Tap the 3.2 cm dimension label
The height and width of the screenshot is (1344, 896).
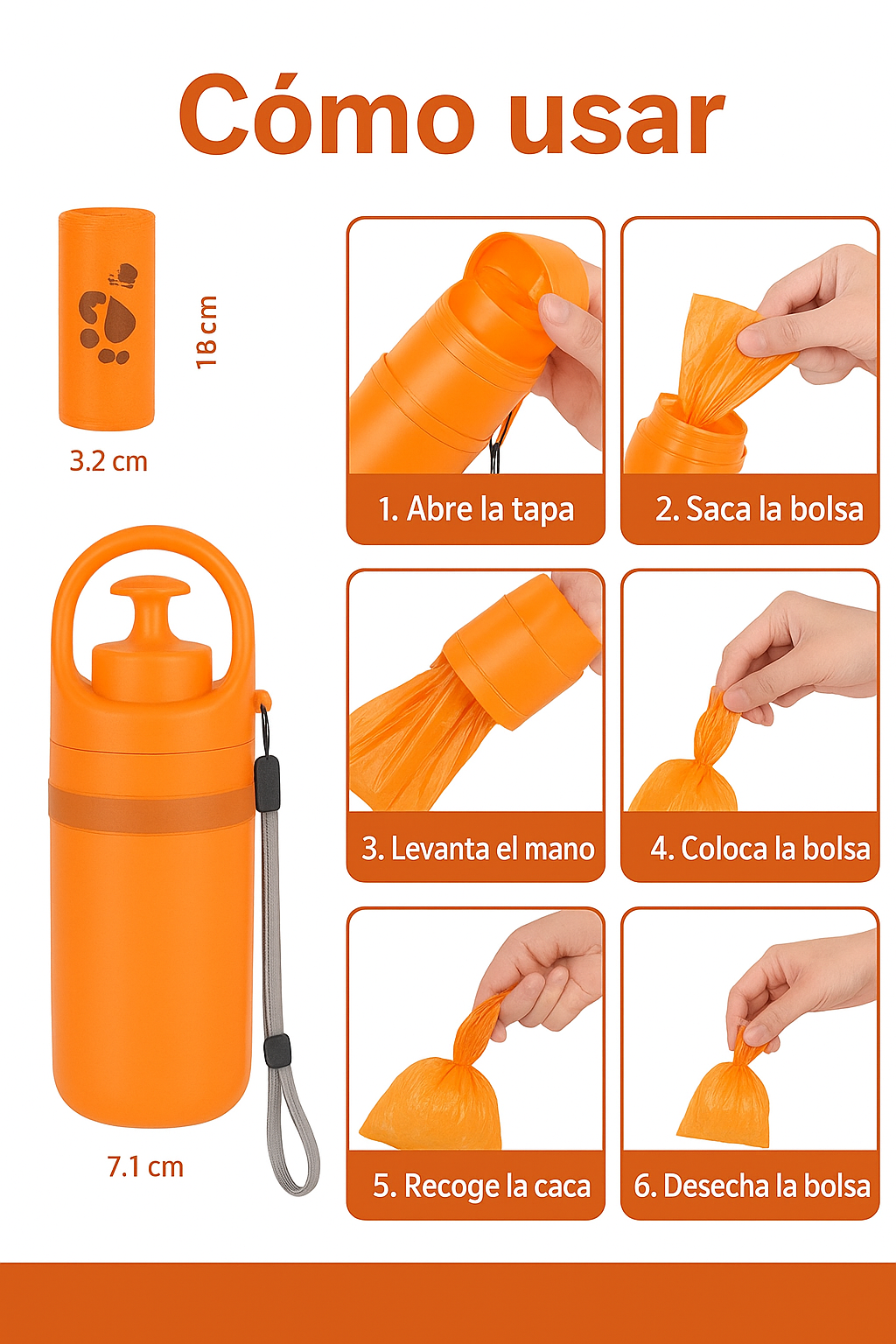(108, 461)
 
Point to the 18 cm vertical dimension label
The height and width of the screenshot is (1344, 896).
(206, 332)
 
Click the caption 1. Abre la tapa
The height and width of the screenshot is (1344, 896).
(476, 509)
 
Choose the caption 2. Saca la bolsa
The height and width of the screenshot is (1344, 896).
(759, 508)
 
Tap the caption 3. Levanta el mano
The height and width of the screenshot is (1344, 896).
(478, 849)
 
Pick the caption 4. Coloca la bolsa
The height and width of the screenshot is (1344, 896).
(759, 849)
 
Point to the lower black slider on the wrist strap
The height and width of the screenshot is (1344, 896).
(277, 1048)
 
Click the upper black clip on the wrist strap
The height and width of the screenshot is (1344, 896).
(267, 784)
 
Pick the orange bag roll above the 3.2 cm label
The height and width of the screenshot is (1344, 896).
(107, 318)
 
